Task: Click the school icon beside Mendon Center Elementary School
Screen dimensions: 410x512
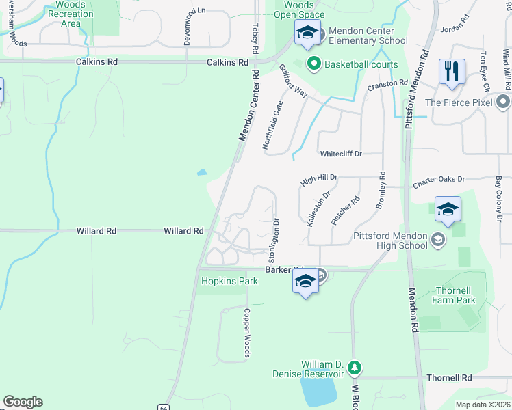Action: (x=307, y=33)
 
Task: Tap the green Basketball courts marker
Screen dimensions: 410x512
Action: (x=314, y=65)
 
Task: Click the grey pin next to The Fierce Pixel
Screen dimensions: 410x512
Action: (x=504, y=102)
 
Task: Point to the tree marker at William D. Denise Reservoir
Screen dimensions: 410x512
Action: (x=355, y=369)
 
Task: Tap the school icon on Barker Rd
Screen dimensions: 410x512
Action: (x=305, y=281)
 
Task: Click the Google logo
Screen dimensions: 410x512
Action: (x=23, y=402)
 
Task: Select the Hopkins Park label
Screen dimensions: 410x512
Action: (x=222, y=281)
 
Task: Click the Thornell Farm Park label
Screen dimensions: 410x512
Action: (x=456, y=295)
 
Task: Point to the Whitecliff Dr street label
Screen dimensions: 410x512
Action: (x=340, y=154)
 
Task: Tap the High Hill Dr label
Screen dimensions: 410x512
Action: (x=319, y=178)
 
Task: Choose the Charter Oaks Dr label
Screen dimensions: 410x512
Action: (x=438, y=180)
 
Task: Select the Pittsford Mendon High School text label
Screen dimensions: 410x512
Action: (x=391, y=241)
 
